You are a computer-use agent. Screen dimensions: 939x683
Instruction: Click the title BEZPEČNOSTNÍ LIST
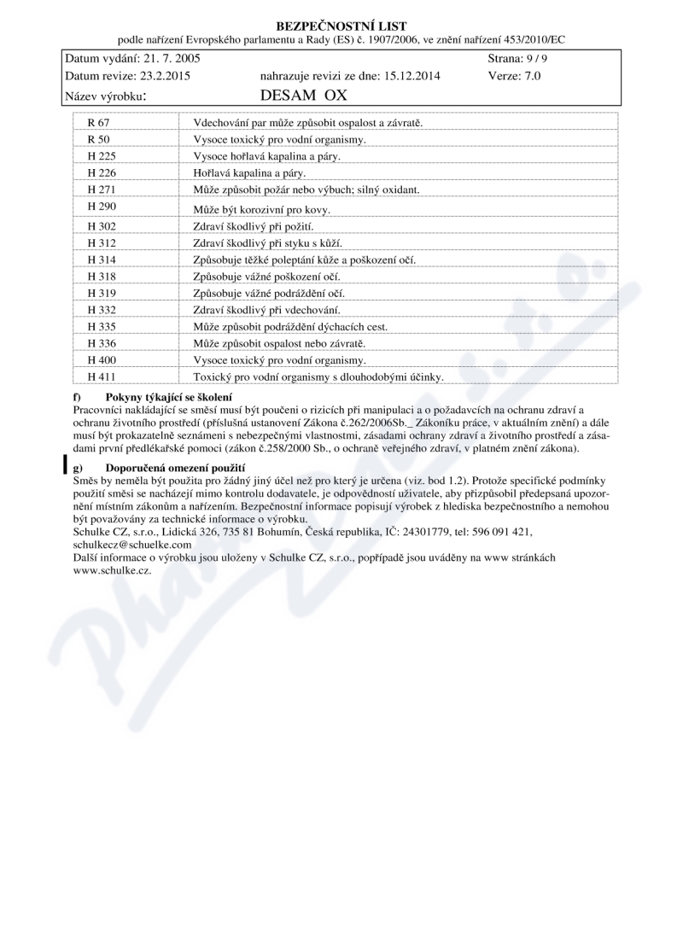click(x=341, y=26)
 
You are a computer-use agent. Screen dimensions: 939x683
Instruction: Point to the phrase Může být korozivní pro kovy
click(x=261, y=209)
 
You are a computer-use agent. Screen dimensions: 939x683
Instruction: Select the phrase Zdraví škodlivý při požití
click(x=254, y=226)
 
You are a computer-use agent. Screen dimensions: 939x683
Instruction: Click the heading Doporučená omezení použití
click(x=175, y=469)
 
